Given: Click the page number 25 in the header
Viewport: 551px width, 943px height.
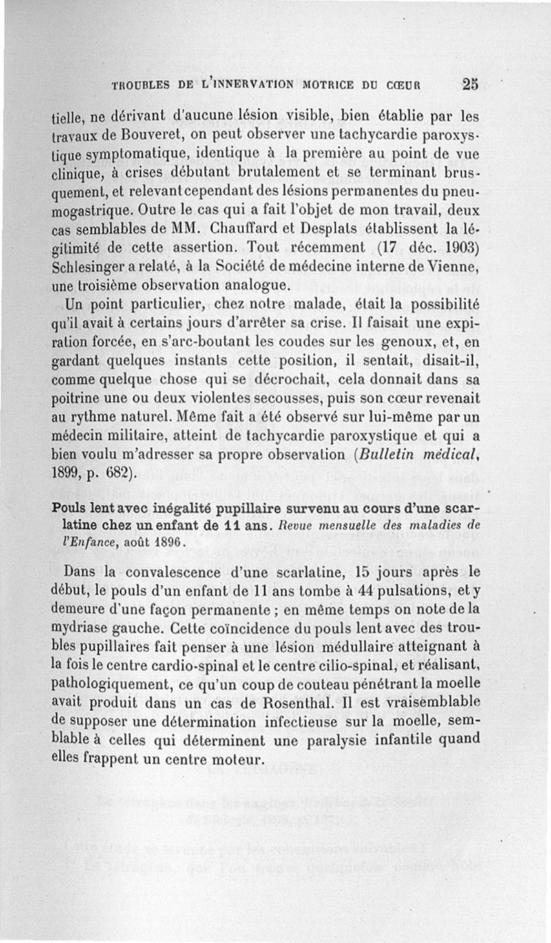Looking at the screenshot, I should coord(470,84).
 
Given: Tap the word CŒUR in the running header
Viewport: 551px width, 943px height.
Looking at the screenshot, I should coord(404,86).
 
